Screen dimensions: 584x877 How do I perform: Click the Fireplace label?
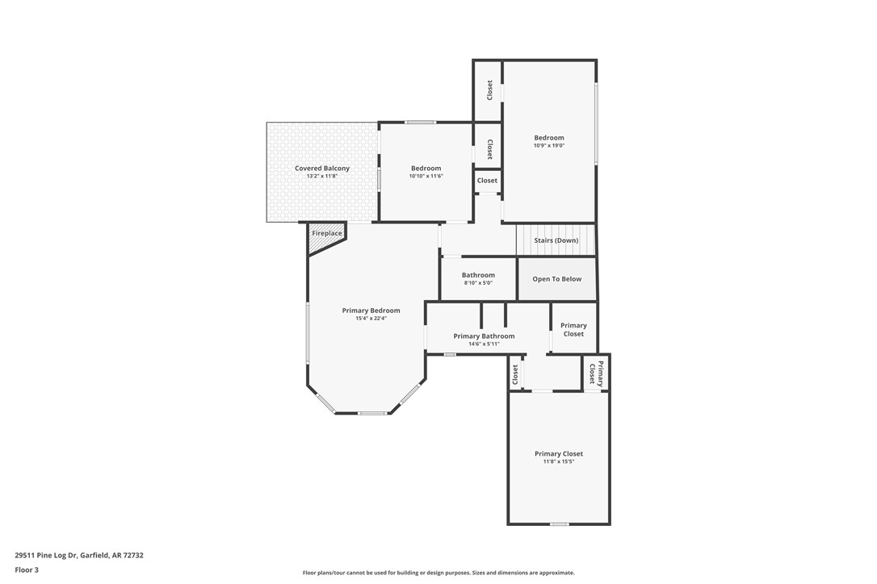(327, 233)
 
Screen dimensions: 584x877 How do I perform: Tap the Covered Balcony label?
(322, 169)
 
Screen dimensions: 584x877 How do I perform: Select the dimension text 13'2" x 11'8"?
(322, 176)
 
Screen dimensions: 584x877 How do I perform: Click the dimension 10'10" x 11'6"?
(426, 176)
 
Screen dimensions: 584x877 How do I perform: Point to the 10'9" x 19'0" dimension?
(549, 146)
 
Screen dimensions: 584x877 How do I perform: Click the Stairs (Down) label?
(556, 240)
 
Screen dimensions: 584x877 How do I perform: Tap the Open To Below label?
(556, 279)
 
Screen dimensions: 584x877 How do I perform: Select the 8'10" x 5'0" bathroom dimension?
(478, 283)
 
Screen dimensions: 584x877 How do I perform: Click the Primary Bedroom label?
(371, 311)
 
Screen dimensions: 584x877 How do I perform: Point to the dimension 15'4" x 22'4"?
(371, 319)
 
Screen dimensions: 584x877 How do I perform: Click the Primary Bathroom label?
(484, 336)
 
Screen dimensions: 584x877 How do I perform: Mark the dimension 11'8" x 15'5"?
(558, 462)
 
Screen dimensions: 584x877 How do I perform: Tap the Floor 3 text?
(27, 569)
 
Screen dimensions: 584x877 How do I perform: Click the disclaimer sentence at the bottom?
(438, 573)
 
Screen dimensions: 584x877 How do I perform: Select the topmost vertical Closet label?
(489, 90)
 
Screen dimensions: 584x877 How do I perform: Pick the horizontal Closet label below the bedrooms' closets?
(487, 181)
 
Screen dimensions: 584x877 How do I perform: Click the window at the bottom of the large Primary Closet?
(559, 524)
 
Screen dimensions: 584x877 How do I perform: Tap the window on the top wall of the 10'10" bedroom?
(420, 123)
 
